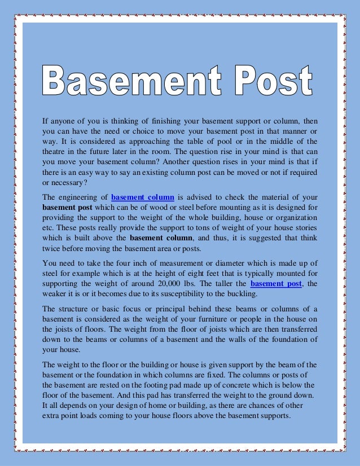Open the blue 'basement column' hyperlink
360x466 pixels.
click(x=143, y=197)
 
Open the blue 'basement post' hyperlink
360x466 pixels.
click(x=276, y=284)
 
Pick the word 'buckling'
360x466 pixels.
click(x=243, y=294)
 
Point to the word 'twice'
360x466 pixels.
click(x=52, y=249)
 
